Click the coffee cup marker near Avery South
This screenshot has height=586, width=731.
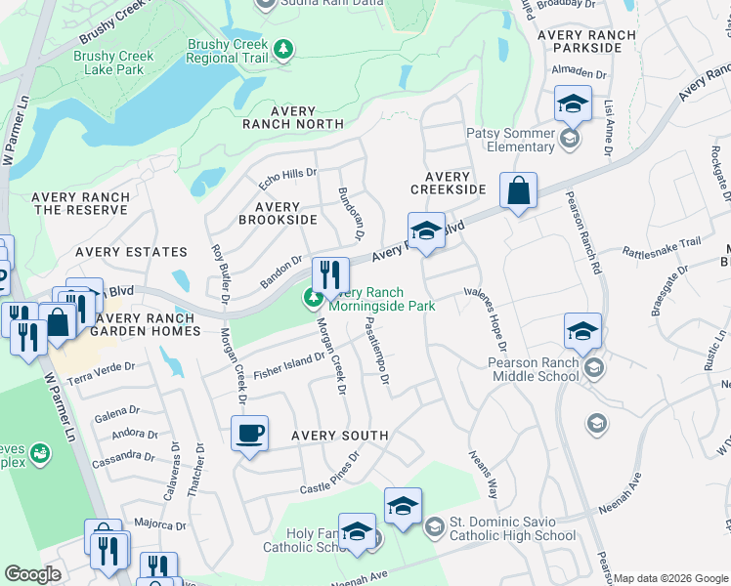point(249,433)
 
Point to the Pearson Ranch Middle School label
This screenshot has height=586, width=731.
point(535,369)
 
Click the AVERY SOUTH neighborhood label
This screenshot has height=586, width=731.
point(338,436)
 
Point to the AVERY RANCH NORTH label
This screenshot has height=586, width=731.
point(293,118)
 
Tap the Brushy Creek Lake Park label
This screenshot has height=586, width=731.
point(113,63)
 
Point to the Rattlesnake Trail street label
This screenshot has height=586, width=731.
point(662,245)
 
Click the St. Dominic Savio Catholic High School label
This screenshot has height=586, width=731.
point(513,528)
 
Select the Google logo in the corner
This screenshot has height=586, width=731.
point(33,574)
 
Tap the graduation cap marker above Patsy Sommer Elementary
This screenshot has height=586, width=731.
point(573,104)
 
